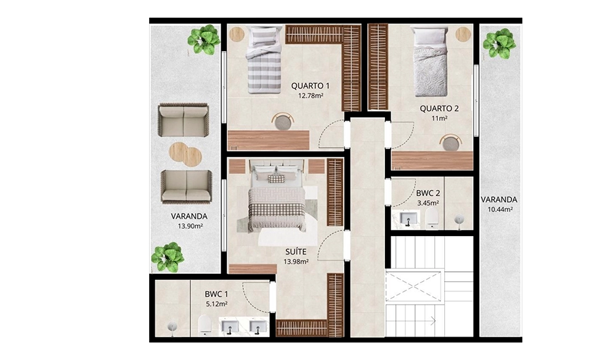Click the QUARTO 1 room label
(x=310, y=86)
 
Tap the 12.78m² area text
(x=310, y=96)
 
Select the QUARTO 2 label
(x=439, y=108)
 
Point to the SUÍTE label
(x=296, y=252)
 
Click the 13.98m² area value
(x=296, y=261)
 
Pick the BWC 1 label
(x=216, y=294)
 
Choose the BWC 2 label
(x=428, y=194)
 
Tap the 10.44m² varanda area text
(x=500, y=210)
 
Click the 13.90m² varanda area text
(x=190, y=226)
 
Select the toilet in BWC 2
(x=432, y=218)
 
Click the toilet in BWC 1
(x=205, y=325)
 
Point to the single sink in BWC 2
(x=407, y=218)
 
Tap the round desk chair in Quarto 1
(x=282, y=121)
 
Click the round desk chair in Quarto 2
(x=451, y=142)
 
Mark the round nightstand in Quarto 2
(x=464, y=34)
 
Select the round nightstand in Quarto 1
(x=237, y=34)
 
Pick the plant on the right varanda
(x=500, y=44)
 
